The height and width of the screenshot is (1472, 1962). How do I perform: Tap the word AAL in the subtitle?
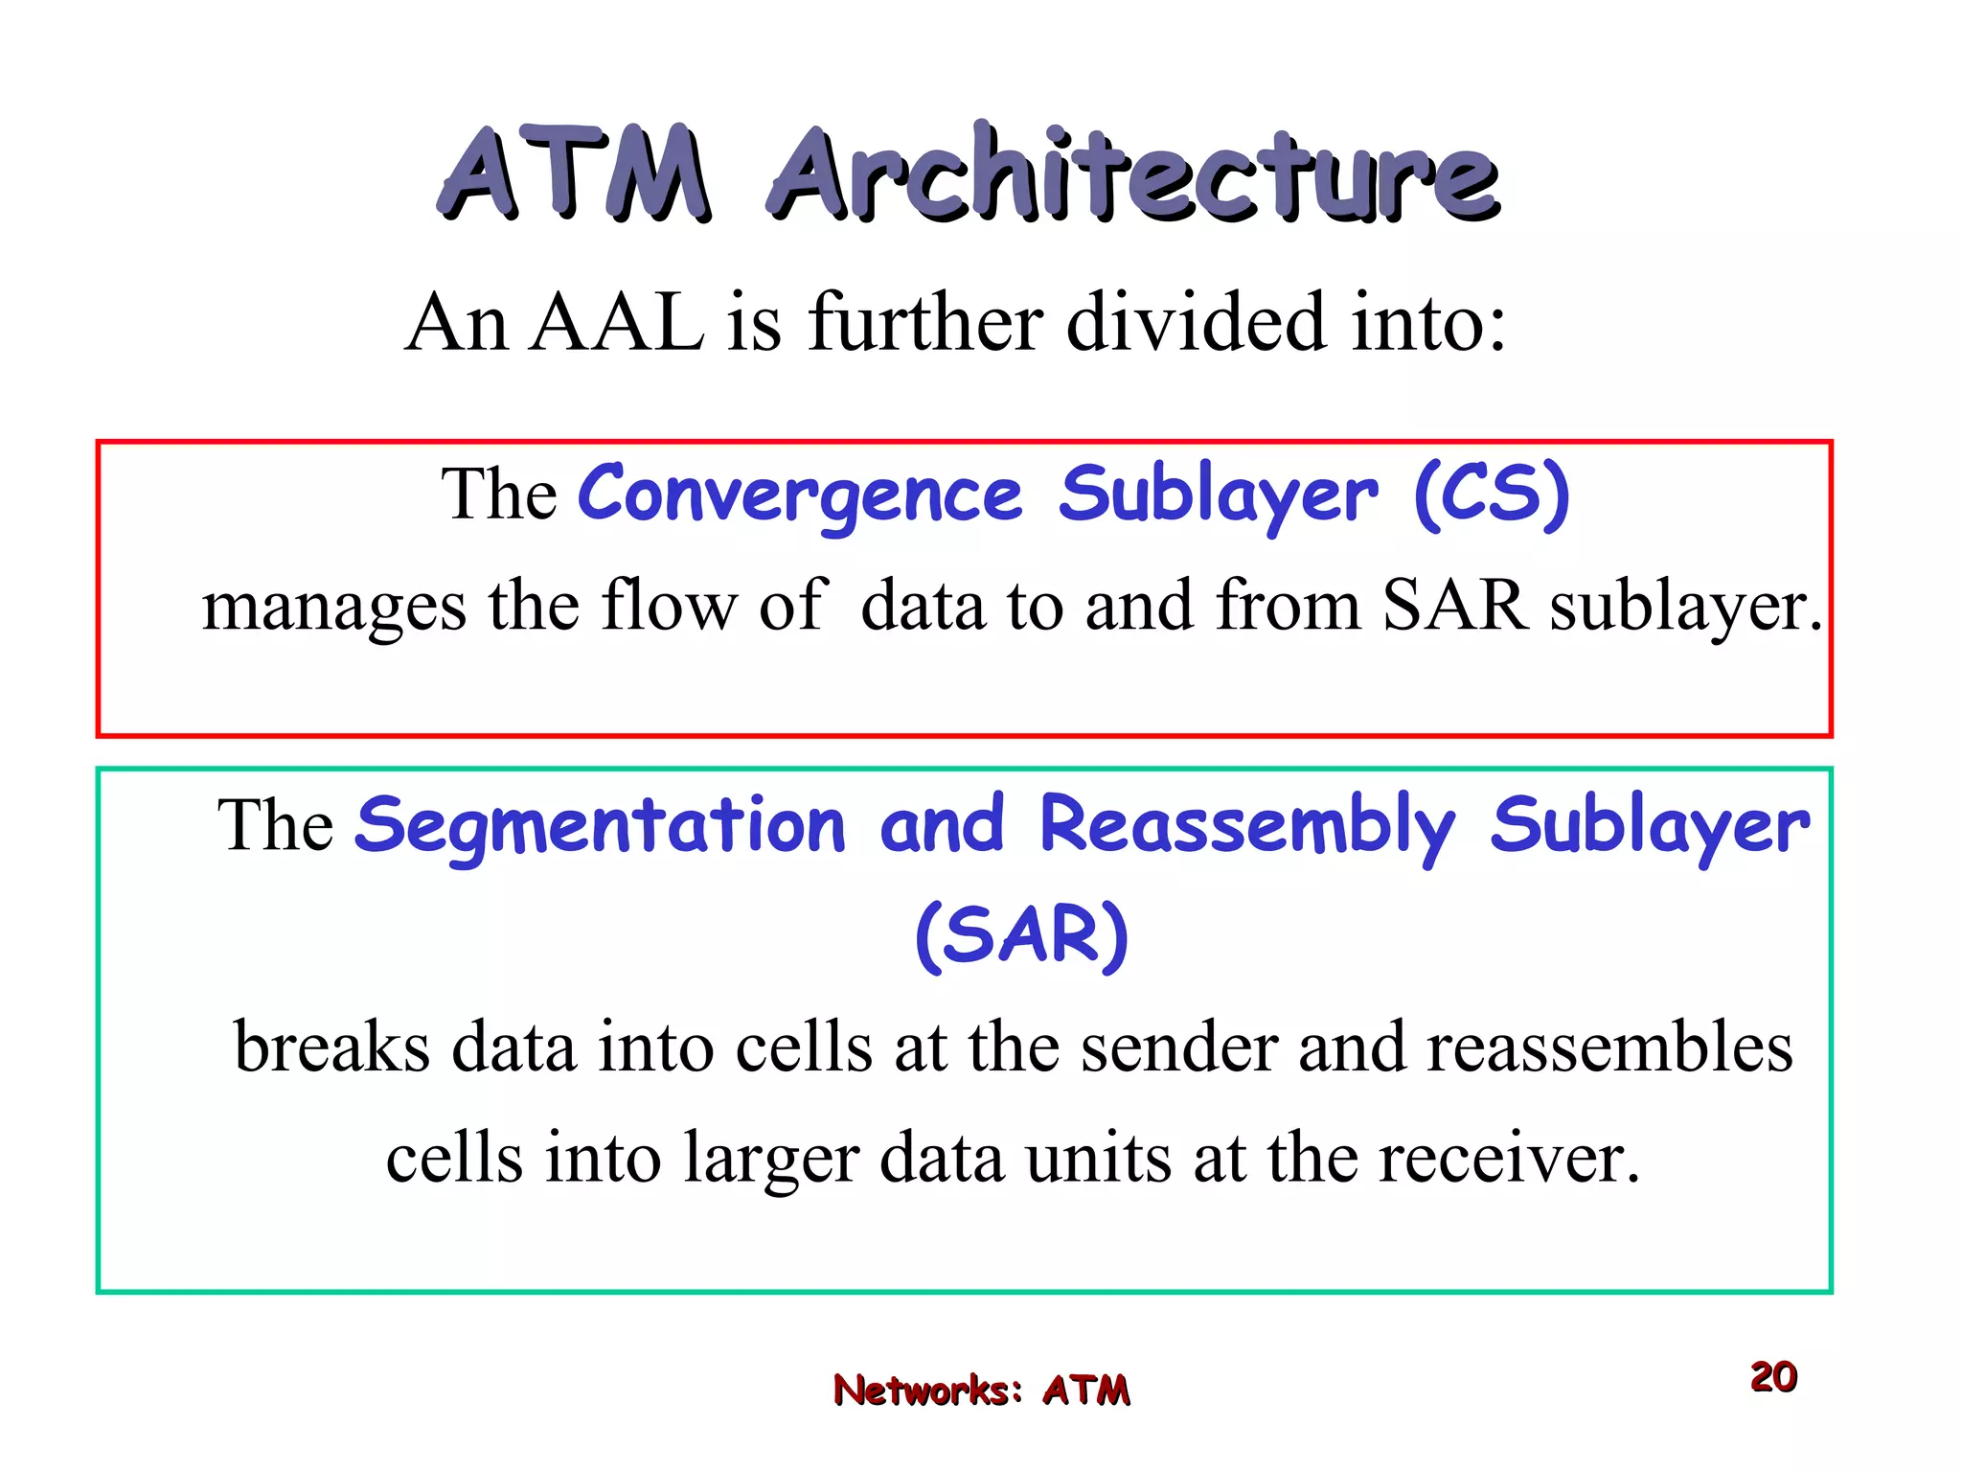click(x=617, y=323)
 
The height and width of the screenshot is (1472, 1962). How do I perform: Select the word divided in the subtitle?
click(x=1196, y=323)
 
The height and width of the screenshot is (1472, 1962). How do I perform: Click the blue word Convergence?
click(x=801, y=495)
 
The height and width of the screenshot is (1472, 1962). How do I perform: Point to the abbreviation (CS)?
click(x=1492, y=495)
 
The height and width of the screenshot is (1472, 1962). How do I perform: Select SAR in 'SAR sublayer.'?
click(x=1454, y=606)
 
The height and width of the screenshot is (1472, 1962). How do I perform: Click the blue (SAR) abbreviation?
click(x=1022, y=936)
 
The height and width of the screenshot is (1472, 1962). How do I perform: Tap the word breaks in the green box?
click(x=331, y=1046)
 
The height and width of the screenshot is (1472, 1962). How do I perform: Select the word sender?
click(x=1179, y=1046)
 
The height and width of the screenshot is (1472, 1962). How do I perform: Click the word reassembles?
click(x=1609, y=1046)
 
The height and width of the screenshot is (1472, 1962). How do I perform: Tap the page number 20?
click(x=1773, y=1377)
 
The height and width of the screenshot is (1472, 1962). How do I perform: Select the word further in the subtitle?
click(x=924, y=323)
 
